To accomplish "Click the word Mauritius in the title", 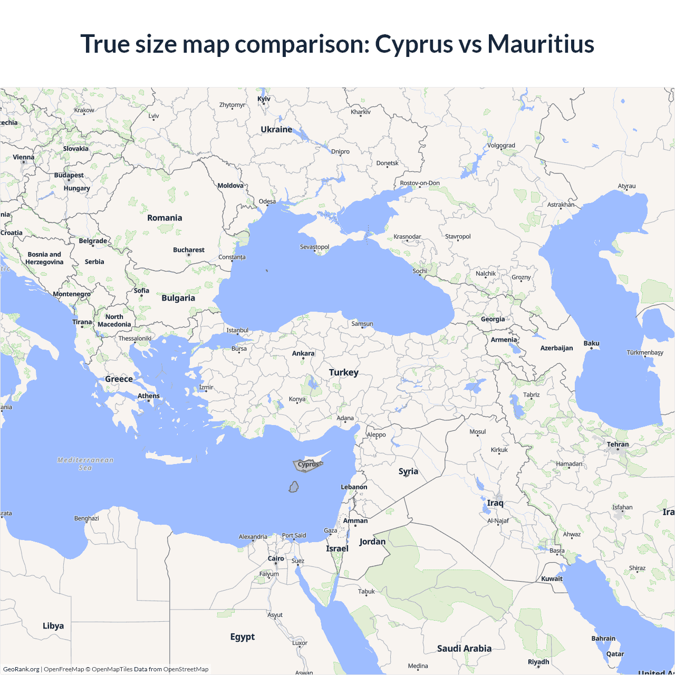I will click(x=541, y=44).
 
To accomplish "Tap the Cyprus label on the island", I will click(x=308, y=465).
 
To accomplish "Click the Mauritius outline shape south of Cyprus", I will click(x=294, y=487).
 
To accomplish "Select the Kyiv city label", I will click(x=264, y=99).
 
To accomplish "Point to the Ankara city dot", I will click(x=303, y=359).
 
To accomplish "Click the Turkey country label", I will click(x=344, y=372).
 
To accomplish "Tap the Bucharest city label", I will click(x=189, y=250).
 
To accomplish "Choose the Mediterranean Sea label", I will click(x=85, y=464).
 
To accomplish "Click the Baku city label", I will click(x=592, y=343).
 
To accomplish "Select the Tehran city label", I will click(x=618, y=445).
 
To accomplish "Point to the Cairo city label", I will click(x=276, y=558).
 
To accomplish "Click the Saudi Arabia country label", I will click(x=464, y=649).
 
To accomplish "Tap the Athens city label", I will click(x=149, y=396).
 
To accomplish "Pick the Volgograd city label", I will click(x=501, y=146).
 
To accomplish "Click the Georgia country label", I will click(x=493, y=319).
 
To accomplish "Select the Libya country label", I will click(x=53, y=626).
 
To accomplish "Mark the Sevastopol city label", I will click(x=314, y=247).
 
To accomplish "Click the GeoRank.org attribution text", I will click(x=21, y=669).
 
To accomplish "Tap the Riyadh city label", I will click(x=538, y=662).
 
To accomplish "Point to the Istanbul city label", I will click(x=237, y=330).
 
